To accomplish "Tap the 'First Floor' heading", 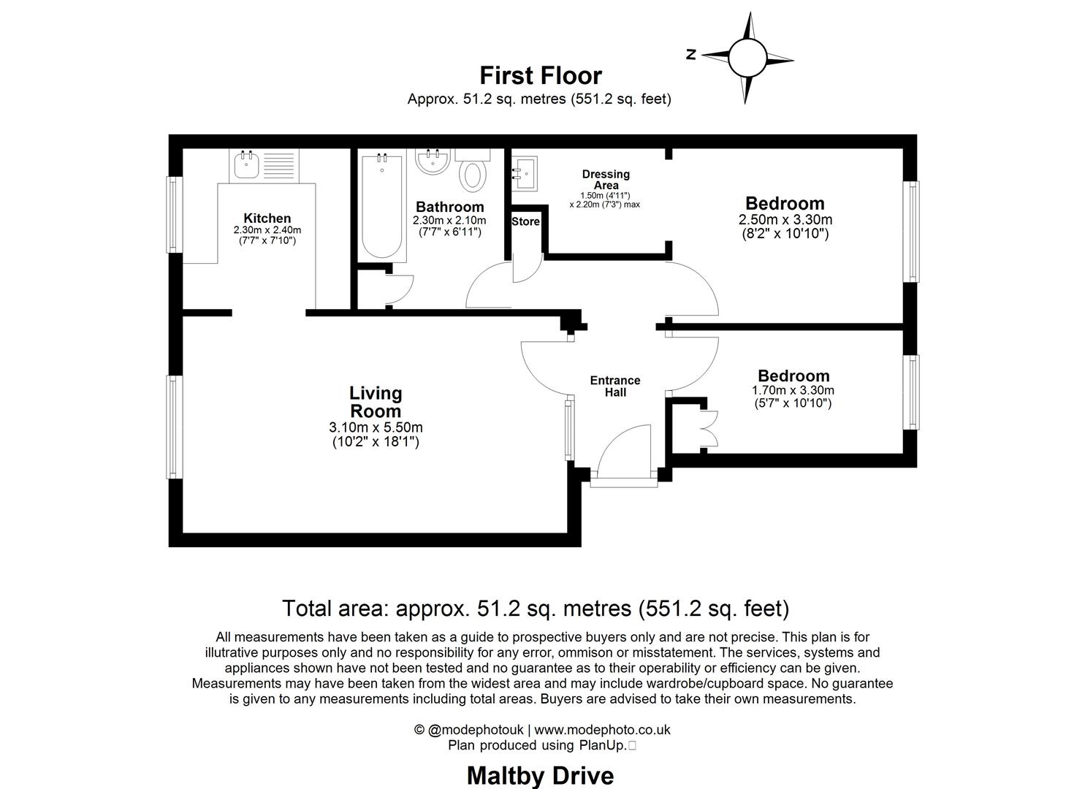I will click(x=540, y=76).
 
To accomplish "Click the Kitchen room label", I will click(x=267, y=218).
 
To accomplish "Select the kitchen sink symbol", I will click(x=245, y=165).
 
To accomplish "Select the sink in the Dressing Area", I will click(x=525, y=172).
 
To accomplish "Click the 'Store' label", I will click(x=525, y=221).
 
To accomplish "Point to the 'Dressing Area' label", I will click(x=605, y=180).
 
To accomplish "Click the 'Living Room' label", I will click(x=376, y=402).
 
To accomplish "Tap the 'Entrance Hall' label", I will click(x=614, y=386).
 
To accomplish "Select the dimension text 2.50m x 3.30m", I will click(x=785, y=219).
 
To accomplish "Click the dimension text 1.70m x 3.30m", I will click(x=793, y=390).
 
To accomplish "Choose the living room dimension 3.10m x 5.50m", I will click(x=376, y=427).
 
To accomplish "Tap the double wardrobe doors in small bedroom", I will click(x=707, y=428).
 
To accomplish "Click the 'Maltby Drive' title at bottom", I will click(x=540, y=775).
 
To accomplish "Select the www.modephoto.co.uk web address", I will click(x=602, y=729).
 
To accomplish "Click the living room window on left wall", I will click(x=173, y=427).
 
